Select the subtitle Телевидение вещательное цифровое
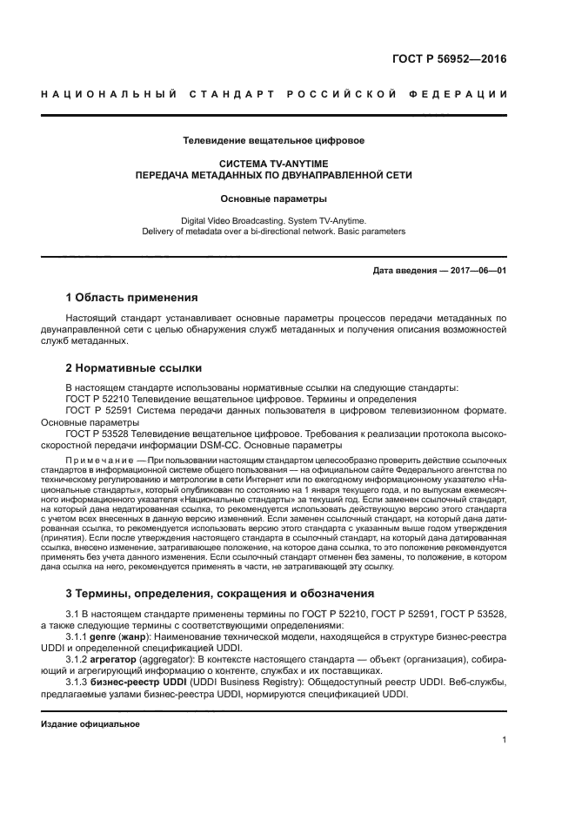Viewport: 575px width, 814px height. coord(273,140)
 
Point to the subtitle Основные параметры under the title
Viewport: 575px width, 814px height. coord(273,198)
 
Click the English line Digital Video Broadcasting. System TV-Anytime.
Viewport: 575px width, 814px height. coord(273,221)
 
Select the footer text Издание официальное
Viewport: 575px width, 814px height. coord(90,723)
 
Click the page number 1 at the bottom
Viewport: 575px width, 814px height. coord(505,740)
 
